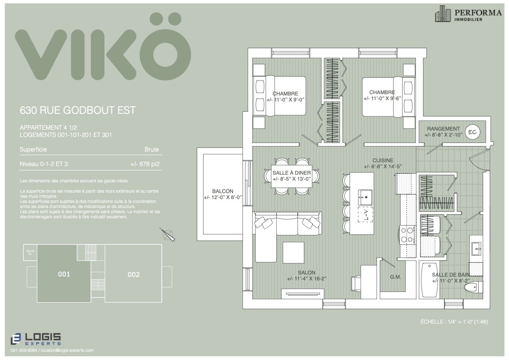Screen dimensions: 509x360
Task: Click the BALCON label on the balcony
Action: coord(223,191)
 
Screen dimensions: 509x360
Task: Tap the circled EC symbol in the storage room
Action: coord(472,132)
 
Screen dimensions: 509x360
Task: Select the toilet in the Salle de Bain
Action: coord(471,288)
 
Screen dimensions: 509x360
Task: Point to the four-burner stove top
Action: coord(407,235)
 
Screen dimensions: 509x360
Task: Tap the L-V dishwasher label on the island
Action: coord(366,215)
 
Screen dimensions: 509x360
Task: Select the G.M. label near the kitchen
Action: coord(395,277)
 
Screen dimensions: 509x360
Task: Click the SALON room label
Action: coord(306,273)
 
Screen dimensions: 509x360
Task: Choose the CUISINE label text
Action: coord(383,161)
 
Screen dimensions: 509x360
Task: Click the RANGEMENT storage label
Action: coord(443,129)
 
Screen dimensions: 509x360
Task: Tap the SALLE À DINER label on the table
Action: coord(292,173)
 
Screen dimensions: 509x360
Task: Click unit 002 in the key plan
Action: coord(133,274)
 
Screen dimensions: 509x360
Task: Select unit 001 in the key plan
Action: coord(64,274)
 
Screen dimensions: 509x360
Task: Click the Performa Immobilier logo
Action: coord(468,14)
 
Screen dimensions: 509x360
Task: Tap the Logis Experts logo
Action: coord(36,339)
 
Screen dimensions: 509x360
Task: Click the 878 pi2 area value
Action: coord(145,164)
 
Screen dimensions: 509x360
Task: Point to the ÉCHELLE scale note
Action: coord(454,321)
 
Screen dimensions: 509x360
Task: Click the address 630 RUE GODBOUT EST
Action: coord(77,110)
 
